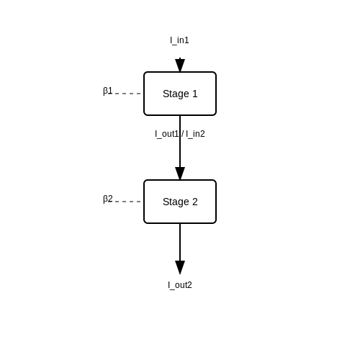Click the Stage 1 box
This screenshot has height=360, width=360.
180,94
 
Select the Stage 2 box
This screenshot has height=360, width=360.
180,202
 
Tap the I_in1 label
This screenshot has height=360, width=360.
179,40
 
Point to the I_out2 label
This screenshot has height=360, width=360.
180,285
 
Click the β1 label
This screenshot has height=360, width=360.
108,91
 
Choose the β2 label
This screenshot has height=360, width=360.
108,199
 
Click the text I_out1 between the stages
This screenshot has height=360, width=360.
167,134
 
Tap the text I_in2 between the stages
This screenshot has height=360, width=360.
195,134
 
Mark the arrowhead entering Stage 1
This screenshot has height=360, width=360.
180,66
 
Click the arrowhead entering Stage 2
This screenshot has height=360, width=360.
180,174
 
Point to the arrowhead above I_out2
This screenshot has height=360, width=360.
180,267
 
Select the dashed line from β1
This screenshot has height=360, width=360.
127,94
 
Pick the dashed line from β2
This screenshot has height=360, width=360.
127,202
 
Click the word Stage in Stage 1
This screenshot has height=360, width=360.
176,94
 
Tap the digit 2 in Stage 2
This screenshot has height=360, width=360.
195,202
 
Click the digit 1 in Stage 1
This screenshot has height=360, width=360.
195,94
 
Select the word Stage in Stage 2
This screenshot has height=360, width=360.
176,202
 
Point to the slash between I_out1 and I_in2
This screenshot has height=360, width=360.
183,134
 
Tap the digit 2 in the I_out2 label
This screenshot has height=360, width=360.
189,285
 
